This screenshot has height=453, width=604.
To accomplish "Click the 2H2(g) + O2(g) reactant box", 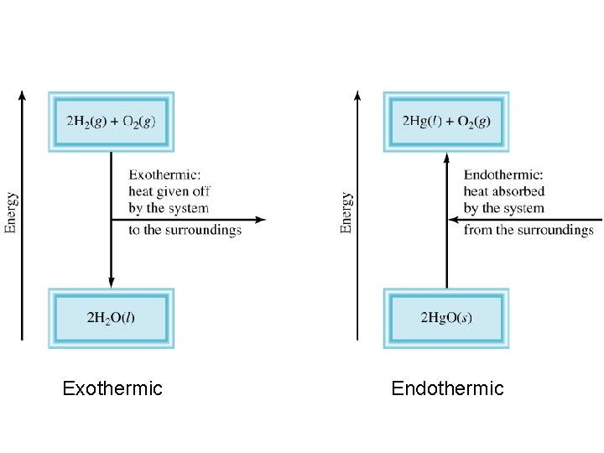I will coord(111,121).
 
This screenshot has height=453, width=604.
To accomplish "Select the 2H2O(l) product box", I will coord(111,318).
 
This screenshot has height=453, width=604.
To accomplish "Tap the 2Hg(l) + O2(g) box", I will coord(446,121).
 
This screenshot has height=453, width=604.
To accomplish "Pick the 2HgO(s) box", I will coord(446,318).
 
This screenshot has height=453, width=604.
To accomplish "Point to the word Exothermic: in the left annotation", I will coord(164,175).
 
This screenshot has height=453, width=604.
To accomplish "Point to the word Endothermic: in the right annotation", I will coord(503,175).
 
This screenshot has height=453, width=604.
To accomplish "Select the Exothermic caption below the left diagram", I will coord(112,388).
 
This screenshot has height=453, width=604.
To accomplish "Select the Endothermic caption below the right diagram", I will coord(447,388).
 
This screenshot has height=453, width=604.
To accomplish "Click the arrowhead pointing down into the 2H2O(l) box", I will coord(111,282).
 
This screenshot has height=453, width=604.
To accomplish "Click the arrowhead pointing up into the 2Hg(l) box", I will coord(446,158).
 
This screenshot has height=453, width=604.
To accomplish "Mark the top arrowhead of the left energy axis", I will coord(23,94).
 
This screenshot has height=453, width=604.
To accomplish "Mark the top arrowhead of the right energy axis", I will coord(358,94).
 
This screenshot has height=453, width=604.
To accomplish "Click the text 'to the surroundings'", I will coord(185,231).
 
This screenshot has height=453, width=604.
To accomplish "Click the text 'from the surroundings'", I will coord(528,231).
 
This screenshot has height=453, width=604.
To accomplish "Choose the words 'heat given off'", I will coord(169,192).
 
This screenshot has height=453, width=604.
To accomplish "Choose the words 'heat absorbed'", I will coord(504,192).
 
